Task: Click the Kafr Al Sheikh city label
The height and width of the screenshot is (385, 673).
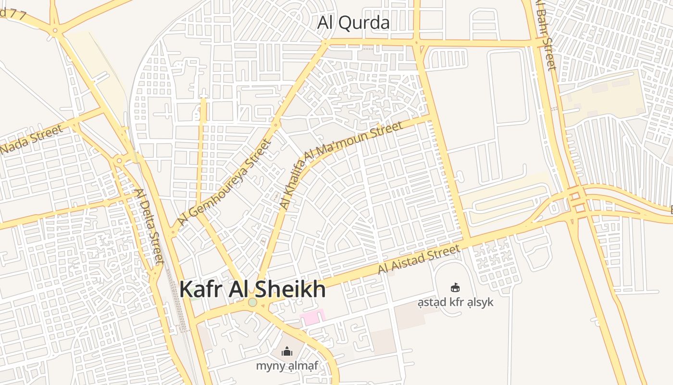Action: pyautogui.click(x=252, y=289)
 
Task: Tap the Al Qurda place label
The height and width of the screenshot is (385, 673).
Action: pyautogui.click(x=353, y=23)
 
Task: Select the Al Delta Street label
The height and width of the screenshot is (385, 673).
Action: pyautogui.click(x=149, y=226)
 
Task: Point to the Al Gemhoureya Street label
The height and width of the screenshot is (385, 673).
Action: pyautogui.click(x=224, y=182)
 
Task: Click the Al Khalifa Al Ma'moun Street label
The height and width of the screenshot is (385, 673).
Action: pyautogui.click(x=340, y=165)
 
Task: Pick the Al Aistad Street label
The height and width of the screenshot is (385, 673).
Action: pyautogui.click(x=419, y=259)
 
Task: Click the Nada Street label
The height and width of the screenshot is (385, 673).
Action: pyautogui.click(x=32, y=140)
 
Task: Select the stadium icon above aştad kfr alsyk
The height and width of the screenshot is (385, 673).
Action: pyautogui.click(x=455, y=288)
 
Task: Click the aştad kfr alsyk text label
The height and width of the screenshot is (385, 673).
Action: pyautogui.click(x=455, y=302)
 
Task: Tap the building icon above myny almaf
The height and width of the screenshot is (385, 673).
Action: pyautogui.click(x=287, y=352)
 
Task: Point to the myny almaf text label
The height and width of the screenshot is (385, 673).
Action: pyautogui.click(x=287, y=366)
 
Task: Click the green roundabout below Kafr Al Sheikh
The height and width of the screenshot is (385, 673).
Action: pyautogui.click(x=252, y=302)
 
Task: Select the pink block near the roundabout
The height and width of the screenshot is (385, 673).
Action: pyautogui.click(x=312, y=317)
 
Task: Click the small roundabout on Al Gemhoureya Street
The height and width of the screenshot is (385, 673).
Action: pyautogui.click(x=276, y=125)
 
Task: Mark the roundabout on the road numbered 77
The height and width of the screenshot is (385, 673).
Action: pyautogui.click(x=55, y=31)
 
